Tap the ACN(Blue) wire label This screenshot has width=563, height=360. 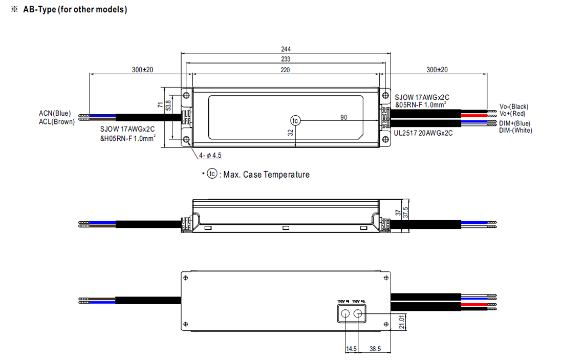pos(55,113)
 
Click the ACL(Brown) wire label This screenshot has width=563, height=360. pos(57,122)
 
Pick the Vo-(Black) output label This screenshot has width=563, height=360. pos(514,107)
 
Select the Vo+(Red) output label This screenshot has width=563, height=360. pos(512,114)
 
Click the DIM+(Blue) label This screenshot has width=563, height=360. pos(515,123)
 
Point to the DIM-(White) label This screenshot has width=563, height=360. pos(516,131)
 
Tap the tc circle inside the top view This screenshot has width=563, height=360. pos(295,120)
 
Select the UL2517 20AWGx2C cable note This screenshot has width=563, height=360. pos(423,133)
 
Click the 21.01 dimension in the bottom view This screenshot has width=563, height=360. pos(401,323)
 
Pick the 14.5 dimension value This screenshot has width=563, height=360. pos(351,348)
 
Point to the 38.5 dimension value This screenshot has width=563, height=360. pos(376,348)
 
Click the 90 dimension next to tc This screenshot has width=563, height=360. pos(343,117)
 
